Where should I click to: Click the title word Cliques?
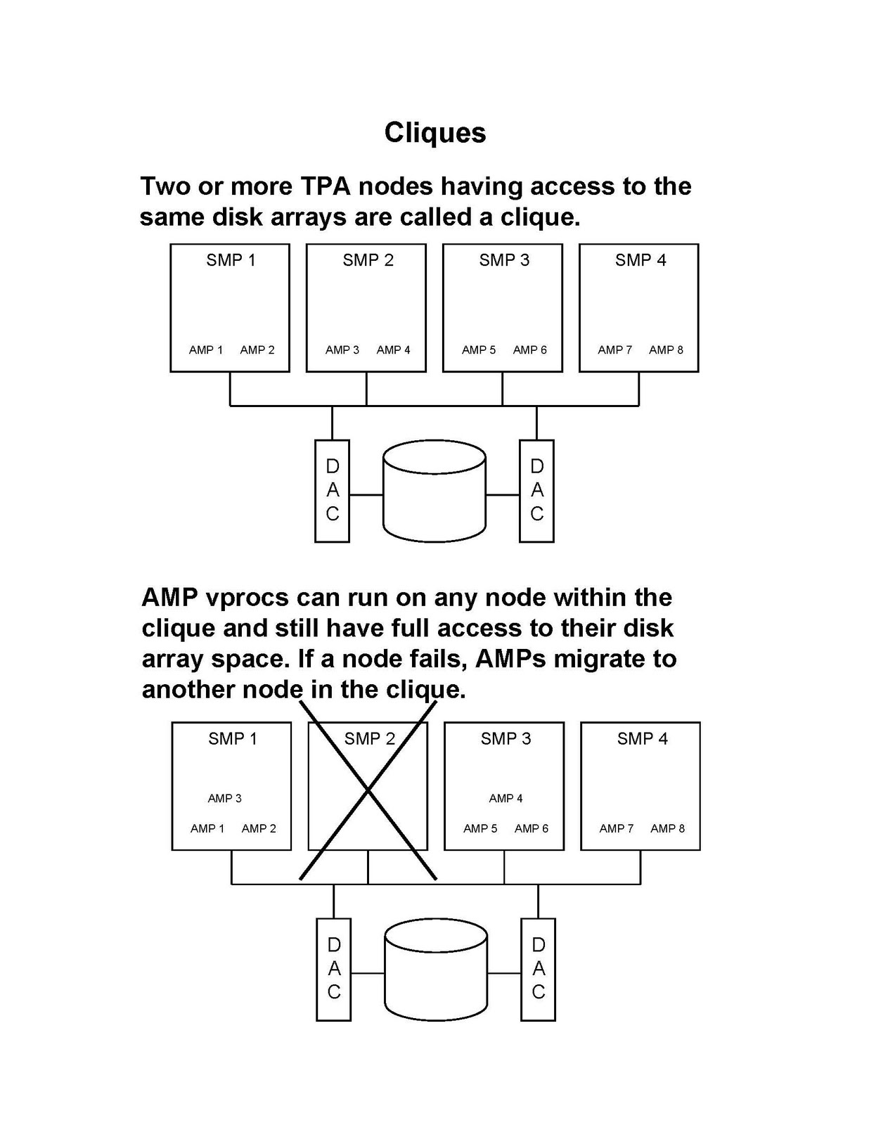pyautogui.click(x=434, y=133)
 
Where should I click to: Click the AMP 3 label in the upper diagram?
pyautogui.click(x=342, y=349)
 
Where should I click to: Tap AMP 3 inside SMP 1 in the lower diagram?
pyautogui.click(x=224, y=798)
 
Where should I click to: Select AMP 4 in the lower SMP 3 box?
pyautogui.click(x=506, y=798)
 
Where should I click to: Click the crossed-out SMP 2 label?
pyautogui.click(x=370, y=739)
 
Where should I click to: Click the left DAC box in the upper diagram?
pyautogui.click(x=332, y=491)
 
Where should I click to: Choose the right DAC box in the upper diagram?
pyautogui.click(x=536, y=491)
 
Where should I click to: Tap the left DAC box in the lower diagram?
pyautogui.click(x=334, y=969)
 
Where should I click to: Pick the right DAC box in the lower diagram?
pyautogui.click(x=539, y=969)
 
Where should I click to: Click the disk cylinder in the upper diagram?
pyautogui.click(x=434, y=491)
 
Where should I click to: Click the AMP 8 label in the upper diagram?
pyautogui.click(x=666, y=349)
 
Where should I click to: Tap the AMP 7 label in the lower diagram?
pyautogui.click(x=616, y=828)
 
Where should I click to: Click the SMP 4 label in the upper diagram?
pyautogui.click(x=641, y=260)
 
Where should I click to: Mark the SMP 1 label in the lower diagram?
pyautogui.click(x=233, y=739)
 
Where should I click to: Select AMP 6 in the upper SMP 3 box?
pyautogui.click(x=529, y=349)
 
